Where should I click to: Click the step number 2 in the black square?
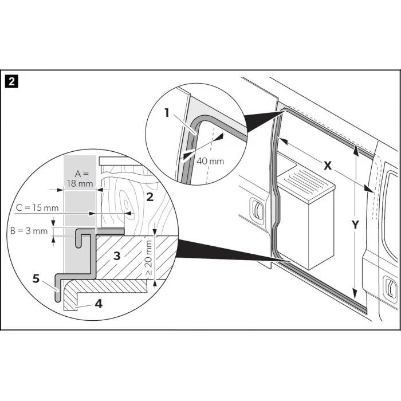pos(11,82)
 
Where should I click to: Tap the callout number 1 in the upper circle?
pos(167,113)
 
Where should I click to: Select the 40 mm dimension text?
pos(210,161)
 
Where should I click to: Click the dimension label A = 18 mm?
pos(80,179)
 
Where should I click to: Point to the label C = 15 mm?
pos(37,207)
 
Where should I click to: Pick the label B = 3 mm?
pos(29,231)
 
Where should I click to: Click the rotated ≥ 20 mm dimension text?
pos(149,258)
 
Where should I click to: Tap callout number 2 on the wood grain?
pos(150,197)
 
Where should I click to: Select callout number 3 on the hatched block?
pos(117,255)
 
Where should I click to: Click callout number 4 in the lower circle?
pos(99,304)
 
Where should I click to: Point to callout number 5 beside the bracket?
pos(36,278)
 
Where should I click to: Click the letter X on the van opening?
pos(328,166)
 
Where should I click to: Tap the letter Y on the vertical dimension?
pos(355,225)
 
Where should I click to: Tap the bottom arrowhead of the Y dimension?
pos(355,294)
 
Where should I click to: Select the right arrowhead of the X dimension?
pos(368,188)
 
